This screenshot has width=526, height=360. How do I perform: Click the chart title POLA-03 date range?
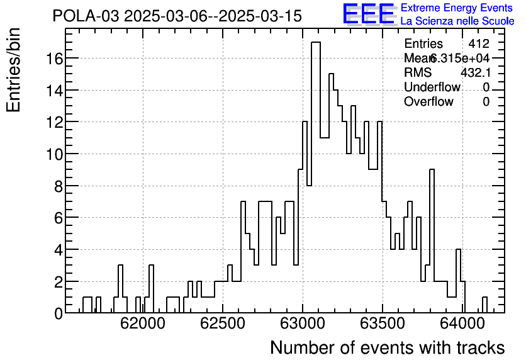[x=177, y=16]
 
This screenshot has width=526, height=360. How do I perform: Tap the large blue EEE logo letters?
[x=369, y=14]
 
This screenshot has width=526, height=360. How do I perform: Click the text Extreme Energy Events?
[x=456, y=8]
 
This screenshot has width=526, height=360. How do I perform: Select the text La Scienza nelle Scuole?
[x=457, y=21]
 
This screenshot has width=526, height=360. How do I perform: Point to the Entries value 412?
[x=479, y=44]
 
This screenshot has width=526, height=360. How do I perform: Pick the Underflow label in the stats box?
[x=432, y=87]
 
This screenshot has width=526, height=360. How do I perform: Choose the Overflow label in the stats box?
[x=428, y=101]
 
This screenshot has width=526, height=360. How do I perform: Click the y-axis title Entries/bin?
[x=14, y=70]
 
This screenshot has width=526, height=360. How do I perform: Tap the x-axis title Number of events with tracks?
[x=387, y=347]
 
